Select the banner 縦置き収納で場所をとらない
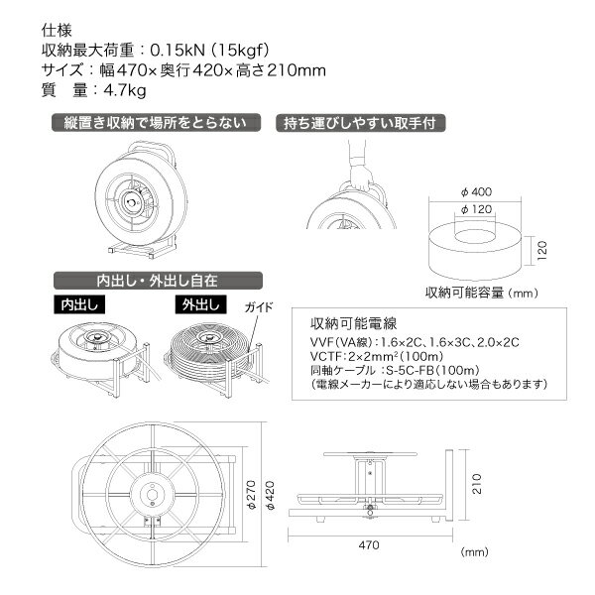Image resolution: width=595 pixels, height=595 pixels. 158,124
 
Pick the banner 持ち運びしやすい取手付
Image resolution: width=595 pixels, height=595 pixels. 359,124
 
